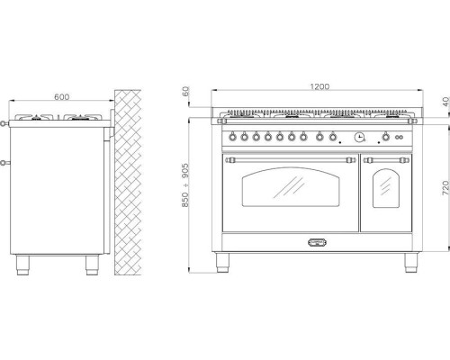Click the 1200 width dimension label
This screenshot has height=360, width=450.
click(319, 86)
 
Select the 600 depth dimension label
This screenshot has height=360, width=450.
click(61, 97)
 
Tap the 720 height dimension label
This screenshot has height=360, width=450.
click(445, 188)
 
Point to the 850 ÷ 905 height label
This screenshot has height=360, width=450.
click(185, 185)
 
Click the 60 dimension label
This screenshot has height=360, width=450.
click(186, 91)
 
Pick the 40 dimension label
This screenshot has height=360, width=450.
click(446, 102)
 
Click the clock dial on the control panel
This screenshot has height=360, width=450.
click(359, 137)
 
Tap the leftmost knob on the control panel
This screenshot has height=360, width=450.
click(232, 137)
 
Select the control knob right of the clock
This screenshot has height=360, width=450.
click(386, 137)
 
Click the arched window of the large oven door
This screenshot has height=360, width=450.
click(291, 187)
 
